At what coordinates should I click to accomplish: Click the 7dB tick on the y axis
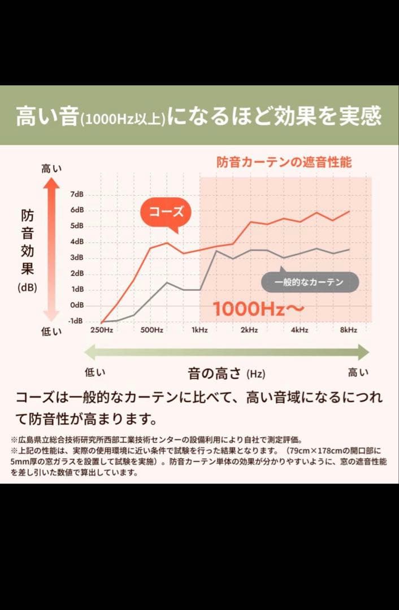76,194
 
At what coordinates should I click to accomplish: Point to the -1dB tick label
76,321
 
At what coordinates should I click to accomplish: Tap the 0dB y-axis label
77,305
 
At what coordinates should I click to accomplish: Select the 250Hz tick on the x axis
102,330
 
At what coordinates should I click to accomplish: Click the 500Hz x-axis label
151,330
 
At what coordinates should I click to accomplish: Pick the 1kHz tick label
199,330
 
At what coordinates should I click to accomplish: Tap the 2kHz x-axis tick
249,330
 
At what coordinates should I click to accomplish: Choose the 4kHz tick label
300,330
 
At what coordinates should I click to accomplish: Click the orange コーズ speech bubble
166,212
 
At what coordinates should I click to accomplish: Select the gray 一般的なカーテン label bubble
309,282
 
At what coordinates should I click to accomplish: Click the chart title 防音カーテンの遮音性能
284,162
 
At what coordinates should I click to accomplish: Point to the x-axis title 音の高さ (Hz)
226,373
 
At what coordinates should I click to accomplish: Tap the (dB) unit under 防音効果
27,287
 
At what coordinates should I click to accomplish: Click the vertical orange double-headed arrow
51,249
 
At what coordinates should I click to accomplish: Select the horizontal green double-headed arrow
226,352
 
